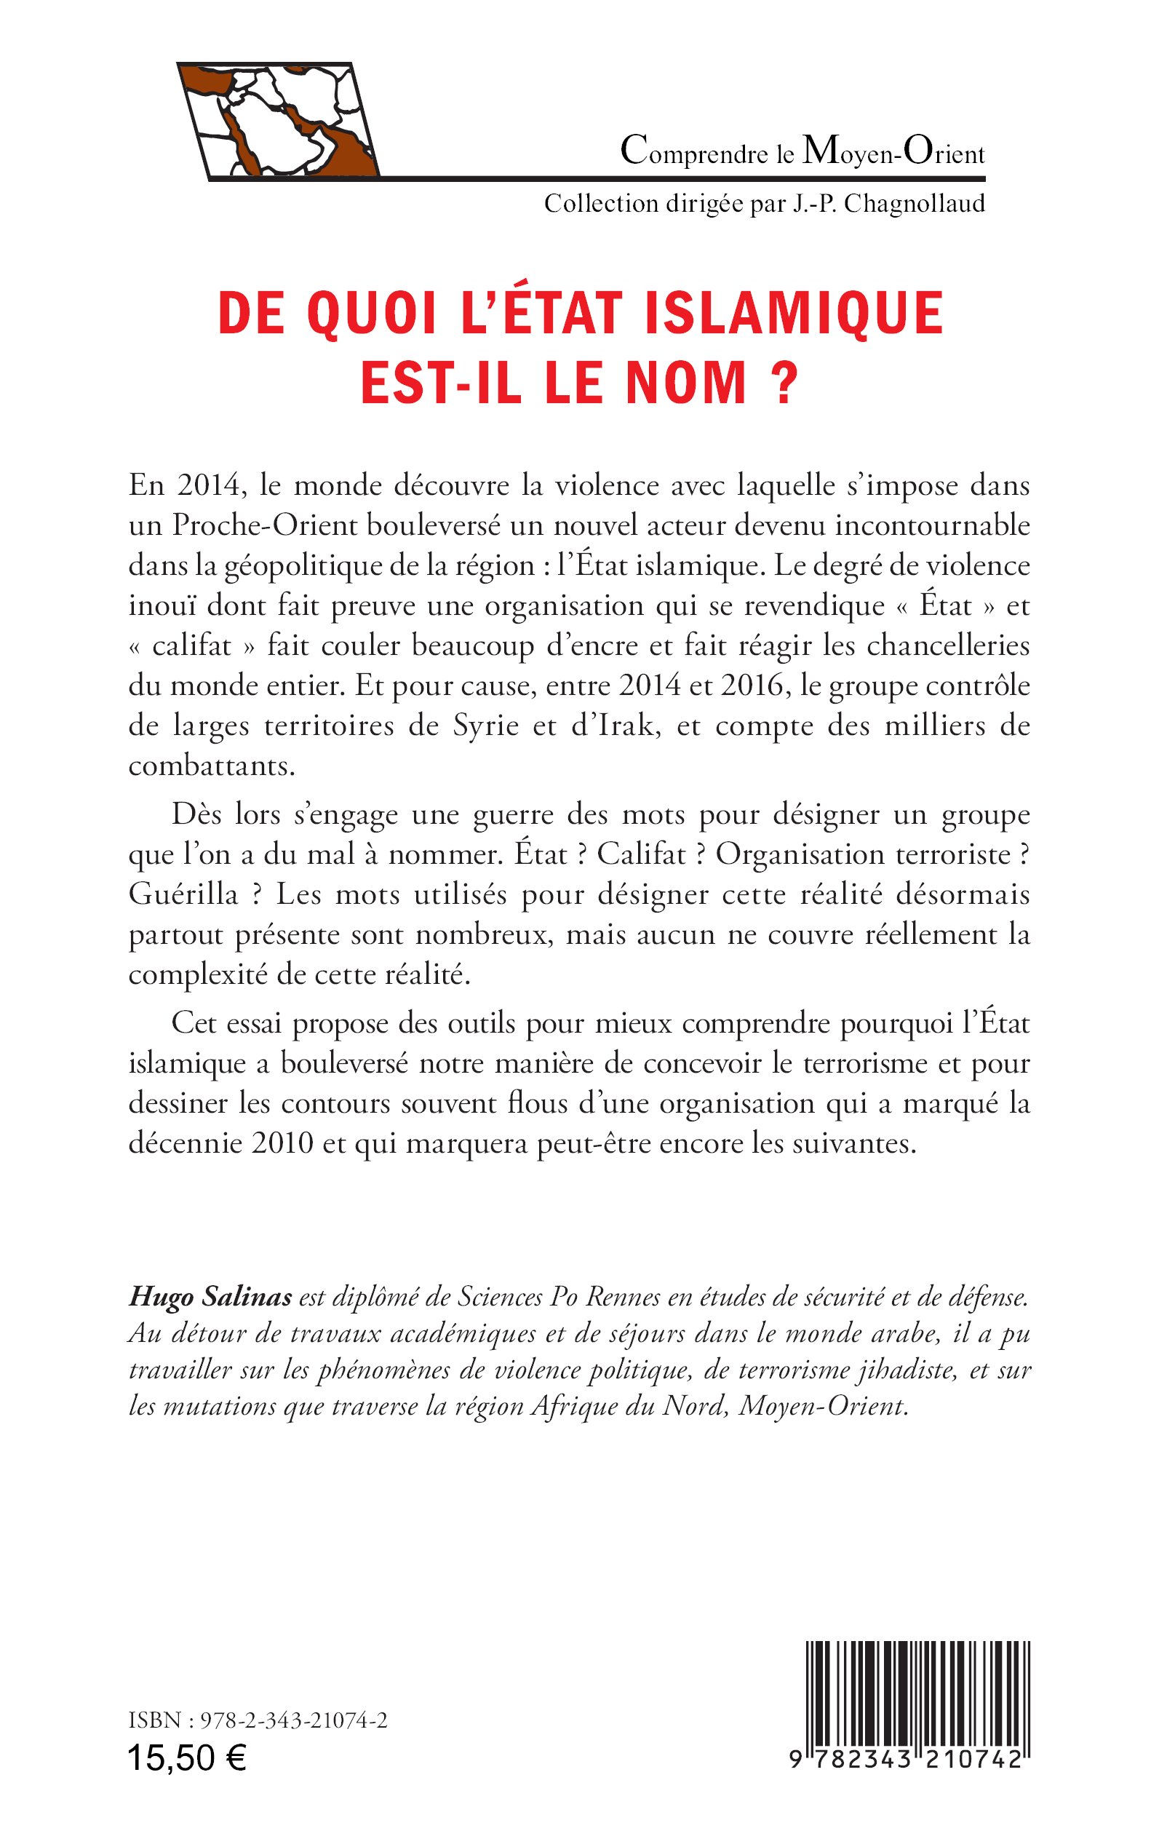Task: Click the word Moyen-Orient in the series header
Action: (893, 153)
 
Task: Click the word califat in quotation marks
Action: (191, 646)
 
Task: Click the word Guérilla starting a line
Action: (183, 894)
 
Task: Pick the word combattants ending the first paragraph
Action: (211, 766)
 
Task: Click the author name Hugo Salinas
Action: (211, 1297)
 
